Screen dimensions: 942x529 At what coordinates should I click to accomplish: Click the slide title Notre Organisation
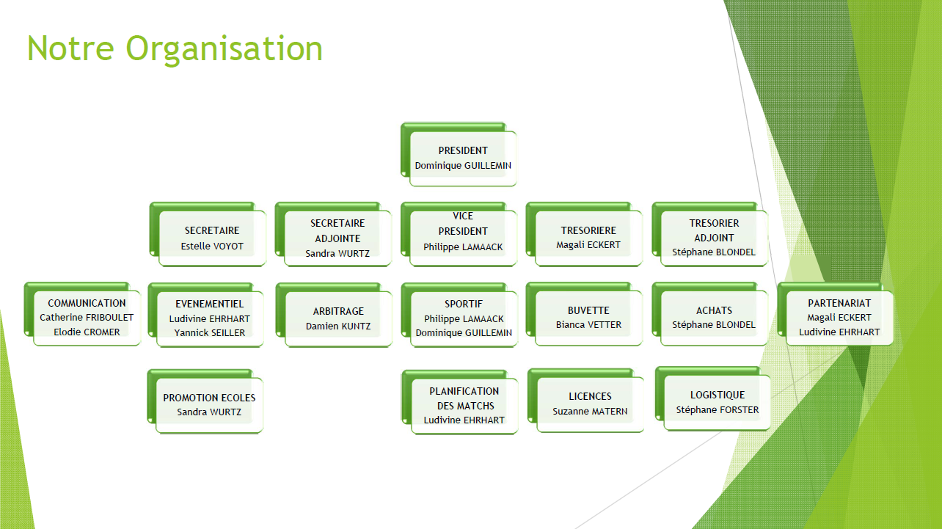pos(175,49)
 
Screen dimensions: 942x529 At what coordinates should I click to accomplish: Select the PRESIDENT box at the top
pos(459,154)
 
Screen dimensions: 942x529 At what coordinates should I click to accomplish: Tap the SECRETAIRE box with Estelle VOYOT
pos(208,234)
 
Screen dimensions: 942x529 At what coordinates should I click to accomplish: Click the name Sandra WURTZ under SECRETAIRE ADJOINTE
pos(337,254)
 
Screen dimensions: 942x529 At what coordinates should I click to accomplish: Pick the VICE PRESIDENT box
pos(459,234)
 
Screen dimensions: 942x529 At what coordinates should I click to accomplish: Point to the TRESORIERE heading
pos(588,230)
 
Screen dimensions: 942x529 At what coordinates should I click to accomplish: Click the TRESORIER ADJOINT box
pos(710,234)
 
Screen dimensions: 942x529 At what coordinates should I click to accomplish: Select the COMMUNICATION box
pos(82,314)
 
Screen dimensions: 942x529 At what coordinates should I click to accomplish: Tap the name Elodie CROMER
pos(87,332)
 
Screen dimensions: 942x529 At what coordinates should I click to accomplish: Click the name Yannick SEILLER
pos(209,333)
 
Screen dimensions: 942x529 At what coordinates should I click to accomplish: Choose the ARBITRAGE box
pos(335,315)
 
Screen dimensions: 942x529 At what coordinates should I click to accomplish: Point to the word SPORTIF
pos(464,304)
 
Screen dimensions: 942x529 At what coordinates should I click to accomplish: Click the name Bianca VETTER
pos(588,325)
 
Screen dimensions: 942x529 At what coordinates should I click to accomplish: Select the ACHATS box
pos(710,314)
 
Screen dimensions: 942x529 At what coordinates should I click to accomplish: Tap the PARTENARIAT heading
pos(839,303)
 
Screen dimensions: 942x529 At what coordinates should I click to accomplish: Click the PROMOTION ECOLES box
pos(205,401)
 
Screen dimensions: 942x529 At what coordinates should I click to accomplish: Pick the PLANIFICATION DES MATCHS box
pos(460,402)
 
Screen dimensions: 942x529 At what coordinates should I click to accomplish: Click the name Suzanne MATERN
pos(590,412)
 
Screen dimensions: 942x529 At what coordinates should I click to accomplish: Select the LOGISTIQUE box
pos(713,398)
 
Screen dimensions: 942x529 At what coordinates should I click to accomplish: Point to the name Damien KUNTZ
pos(338,326)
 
